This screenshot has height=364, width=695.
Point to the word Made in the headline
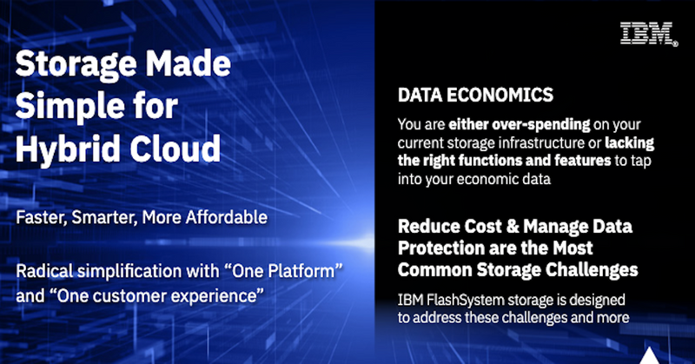click(189, 63)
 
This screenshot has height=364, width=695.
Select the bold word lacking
click(629, 142)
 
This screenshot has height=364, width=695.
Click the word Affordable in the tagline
click(227, 217)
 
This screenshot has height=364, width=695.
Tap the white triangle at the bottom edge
click(649, 355)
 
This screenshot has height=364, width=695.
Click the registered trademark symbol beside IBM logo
click(675, 43)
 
